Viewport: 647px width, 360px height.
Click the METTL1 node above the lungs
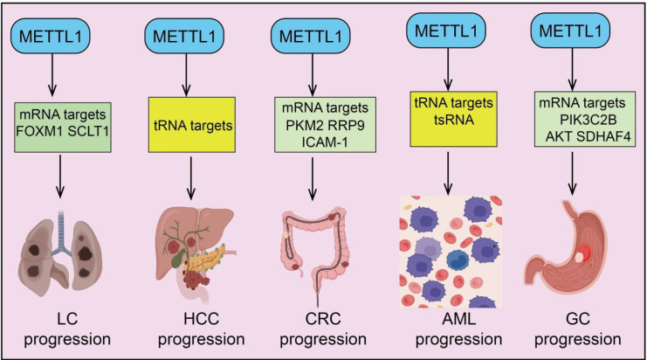point(51,37)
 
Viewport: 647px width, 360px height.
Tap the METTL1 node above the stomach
point(570,31)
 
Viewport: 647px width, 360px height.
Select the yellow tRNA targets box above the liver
point(192,125)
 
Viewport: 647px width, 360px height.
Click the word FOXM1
point(39,132)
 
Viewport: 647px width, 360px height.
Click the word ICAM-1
point(325,142)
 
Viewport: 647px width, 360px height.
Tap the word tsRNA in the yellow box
point(453,120)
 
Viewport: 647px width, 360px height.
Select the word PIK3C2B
point(588,120)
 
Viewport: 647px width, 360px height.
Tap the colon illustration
point(317,253)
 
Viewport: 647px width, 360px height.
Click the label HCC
point(202,319)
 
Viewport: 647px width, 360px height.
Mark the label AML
point(458,319)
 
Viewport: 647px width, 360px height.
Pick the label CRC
point(323,319)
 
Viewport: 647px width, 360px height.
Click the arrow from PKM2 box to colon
point(313,178)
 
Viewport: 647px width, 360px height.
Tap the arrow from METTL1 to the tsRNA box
point(448,68)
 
